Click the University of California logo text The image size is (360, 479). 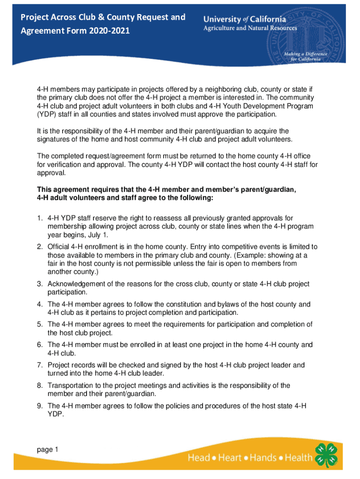pyautogui.click(x=245, y=19)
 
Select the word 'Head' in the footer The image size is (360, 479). pyautogui.click(x=199, y=457)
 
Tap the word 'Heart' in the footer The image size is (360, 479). pyautogui.click(x=229, y=457)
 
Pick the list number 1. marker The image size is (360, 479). pyautogui.click(x=40, y=218)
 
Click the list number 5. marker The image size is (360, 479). pyautogui.click(x=40, y=324)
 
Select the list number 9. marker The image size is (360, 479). pyautogui.click(x=40, y=406)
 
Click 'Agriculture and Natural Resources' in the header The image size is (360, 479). pyautogui.click(x=250, y=28)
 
